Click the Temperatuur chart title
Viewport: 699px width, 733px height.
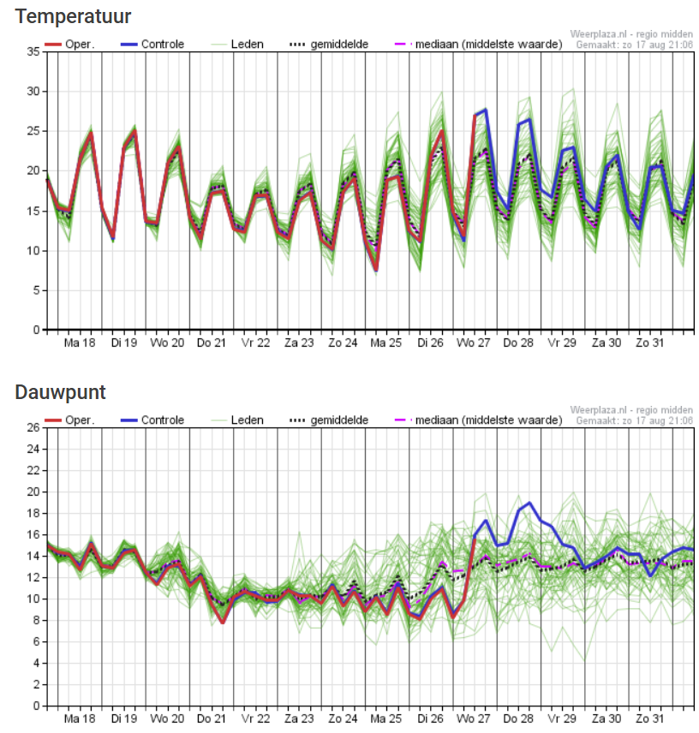pos(73,16)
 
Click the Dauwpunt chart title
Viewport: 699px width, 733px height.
pos(60,392)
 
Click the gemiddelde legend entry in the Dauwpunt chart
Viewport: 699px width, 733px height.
pos(329,420)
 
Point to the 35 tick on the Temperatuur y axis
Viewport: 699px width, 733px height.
pos(33,52)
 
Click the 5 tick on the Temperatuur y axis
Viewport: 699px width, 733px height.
pos(35,290)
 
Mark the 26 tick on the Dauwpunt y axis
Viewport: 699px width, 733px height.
pos(33,427)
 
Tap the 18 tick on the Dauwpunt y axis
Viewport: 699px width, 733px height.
pos(33,513)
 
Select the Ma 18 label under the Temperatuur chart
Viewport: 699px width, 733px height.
pos(80,343)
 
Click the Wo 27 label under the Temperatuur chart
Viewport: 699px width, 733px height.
pos(475,343)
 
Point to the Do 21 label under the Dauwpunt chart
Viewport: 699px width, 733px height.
pos(212,718)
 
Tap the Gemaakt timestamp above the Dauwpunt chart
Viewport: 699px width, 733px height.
pos(634,420)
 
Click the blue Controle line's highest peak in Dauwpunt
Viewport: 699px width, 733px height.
pos(530,503)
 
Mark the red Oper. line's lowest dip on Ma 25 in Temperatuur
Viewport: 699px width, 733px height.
pos(376,270)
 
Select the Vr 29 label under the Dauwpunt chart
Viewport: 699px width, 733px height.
pos(563,718)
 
